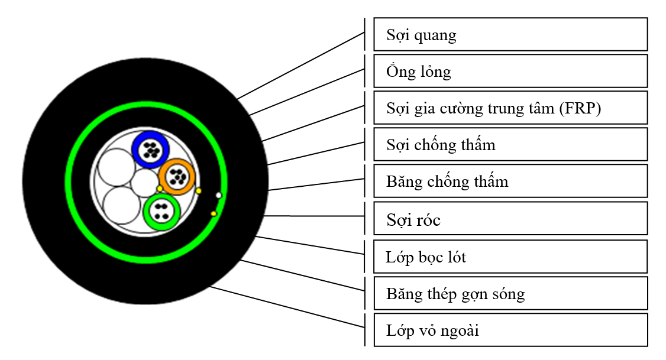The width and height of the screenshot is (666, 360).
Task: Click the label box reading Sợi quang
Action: tap(510, 35)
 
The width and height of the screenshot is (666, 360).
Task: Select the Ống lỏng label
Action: tap(510, 72)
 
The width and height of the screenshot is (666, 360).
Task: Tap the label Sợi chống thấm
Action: tap(510, 144)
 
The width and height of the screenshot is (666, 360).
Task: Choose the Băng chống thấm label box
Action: tap(510, 181)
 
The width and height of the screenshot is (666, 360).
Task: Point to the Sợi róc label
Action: tap(510, 219)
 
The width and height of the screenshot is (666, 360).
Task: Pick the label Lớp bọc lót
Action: tap(510, 257)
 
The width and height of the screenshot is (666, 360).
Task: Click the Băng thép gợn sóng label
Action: tap(510, 293)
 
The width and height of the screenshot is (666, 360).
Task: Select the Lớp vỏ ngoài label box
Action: tap(510, 330)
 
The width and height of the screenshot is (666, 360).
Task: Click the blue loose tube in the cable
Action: tap(151, 149)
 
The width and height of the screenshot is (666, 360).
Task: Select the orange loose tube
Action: tap(176, 176)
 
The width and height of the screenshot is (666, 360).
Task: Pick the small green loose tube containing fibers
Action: tap(161, 211)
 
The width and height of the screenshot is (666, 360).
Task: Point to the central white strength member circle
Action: tap(144, 183)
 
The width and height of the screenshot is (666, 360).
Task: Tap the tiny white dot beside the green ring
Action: tap(219, 195)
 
